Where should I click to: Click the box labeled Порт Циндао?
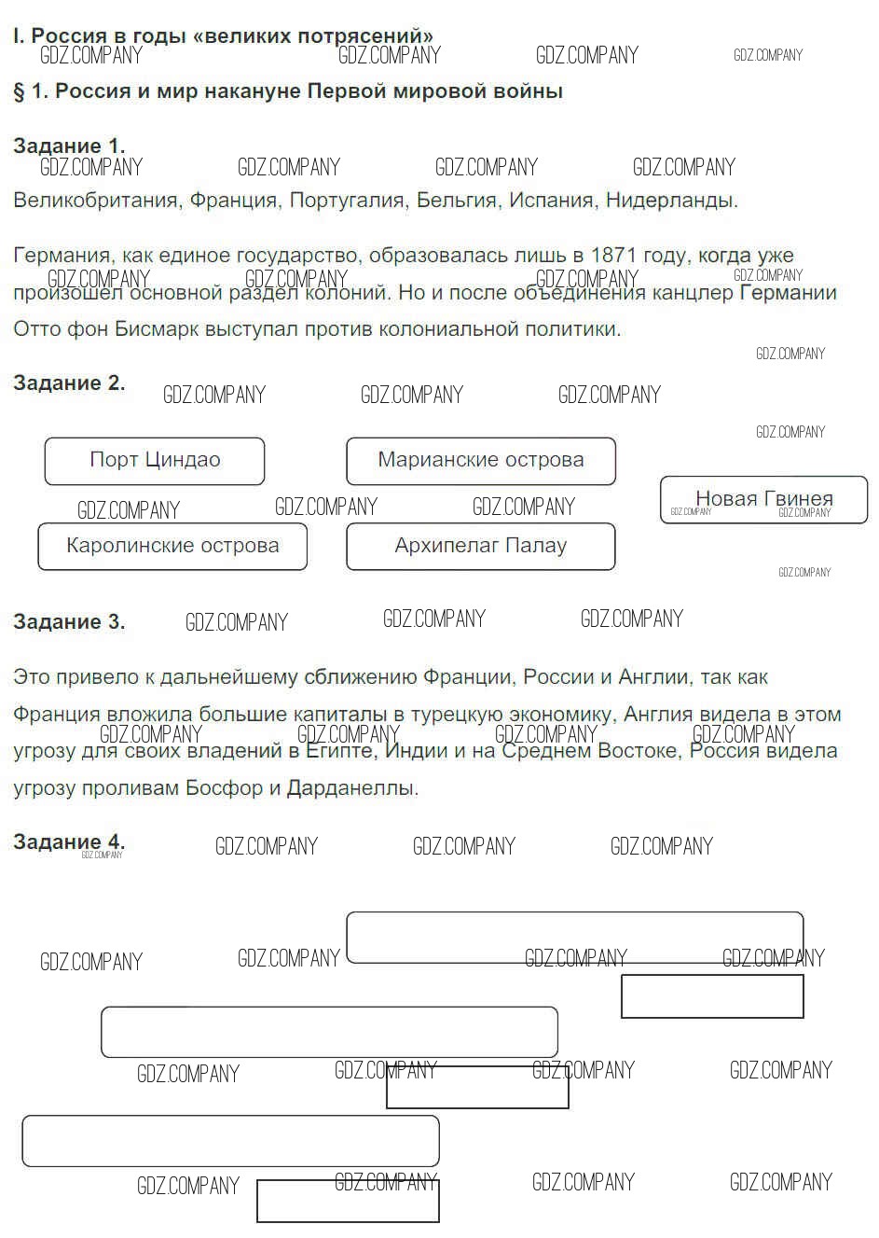coord(155,461)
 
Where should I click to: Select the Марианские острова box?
coord(481,461)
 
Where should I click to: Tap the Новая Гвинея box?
coord(763,500)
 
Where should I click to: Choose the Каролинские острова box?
coord(172,546)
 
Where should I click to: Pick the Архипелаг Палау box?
coord(481,546)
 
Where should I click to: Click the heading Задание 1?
coord(69,146)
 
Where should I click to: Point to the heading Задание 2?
coord(69,383)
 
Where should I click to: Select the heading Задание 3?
coord(69,622)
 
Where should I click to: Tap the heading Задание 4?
coord(69,842)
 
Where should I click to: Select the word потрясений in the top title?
coord(370,36)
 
